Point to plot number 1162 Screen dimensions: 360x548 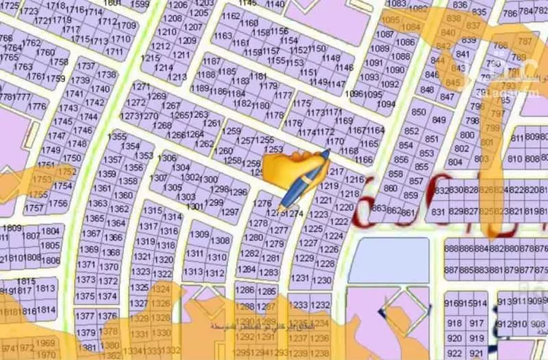coord(230,15)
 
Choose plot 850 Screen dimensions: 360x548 coord(419,112)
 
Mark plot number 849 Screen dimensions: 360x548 coord(438,120)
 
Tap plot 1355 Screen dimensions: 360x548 coord(116,137)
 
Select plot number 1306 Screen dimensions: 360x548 coord(167,158)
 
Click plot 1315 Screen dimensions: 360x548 coord(152,210)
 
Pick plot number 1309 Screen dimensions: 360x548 coord(199,234)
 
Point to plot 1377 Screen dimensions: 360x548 coord(85,316)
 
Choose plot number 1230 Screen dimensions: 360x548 coord(321,280)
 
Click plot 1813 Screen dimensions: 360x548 coord(46,288)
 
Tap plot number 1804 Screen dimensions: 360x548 coord(50,231)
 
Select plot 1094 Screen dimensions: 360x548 coord(386,104)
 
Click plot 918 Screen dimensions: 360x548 coord(454,322)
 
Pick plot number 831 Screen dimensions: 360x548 coord(438,212)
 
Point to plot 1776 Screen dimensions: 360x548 coord(37,107)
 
